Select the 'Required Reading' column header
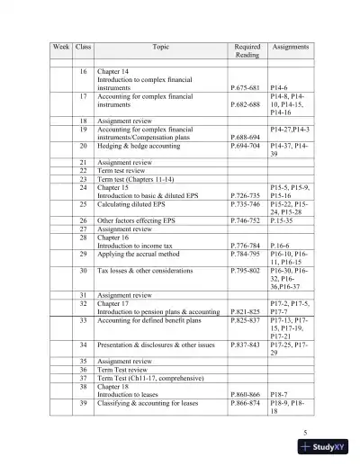click(x=247, y=49)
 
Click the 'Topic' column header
click(x=156, y=45)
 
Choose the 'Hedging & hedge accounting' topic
click(x=139, y=144)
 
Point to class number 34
click(x=84, y=345)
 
